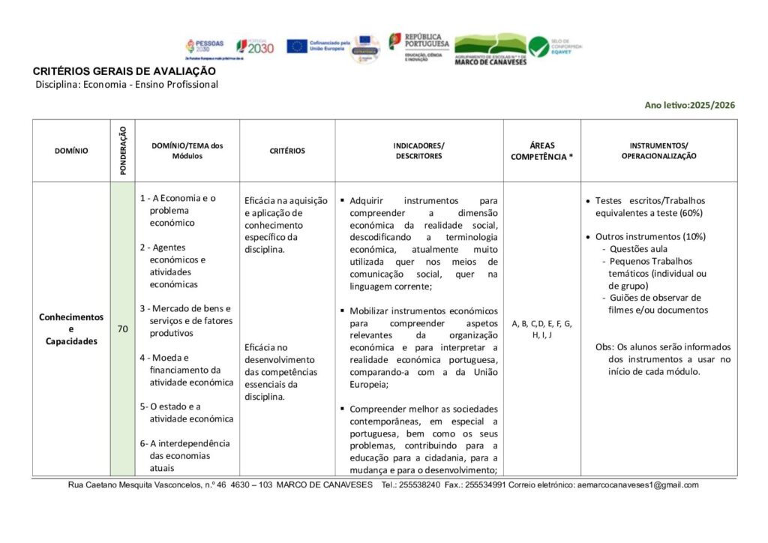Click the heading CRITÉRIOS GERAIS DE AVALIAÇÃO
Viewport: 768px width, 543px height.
[x=124, y=71]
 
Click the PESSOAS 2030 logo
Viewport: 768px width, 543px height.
[x=205, y=48]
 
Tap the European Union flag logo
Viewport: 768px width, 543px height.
[x=297, y=46]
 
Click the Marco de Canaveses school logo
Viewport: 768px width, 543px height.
[x=490, y=49]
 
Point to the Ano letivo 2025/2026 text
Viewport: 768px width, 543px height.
[x=689, y=105]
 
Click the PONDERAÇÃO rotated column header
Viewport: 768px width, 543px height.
[x=122, y=151]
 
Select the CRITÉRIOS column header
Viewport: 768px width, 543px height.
[x=287, y=151]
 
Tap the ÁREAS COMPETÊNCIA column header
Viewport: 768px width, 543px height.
[x=541, y=151]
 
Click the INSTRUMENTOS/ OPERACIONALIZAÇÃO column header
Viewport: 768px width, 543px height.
[x=658, y=151]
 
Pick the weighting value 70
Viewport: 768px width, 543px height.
[x=122, y=328]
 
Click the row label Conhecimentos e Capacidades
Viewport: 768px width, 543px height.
[x=71, y=328]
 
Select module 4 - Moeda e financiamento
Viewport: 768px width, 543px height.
[x=190, y=370]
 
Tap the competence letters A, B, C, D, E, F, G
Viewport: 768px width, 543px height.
[x=541, y=324]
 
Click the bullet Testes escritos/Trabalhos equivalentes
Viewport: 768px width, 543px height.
[x=649, y=206]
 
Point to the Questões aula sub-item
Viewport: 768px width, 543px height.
[x=638, y=248]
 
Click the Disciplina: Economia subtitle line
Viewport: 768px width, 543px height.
[x=127, y=85]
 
